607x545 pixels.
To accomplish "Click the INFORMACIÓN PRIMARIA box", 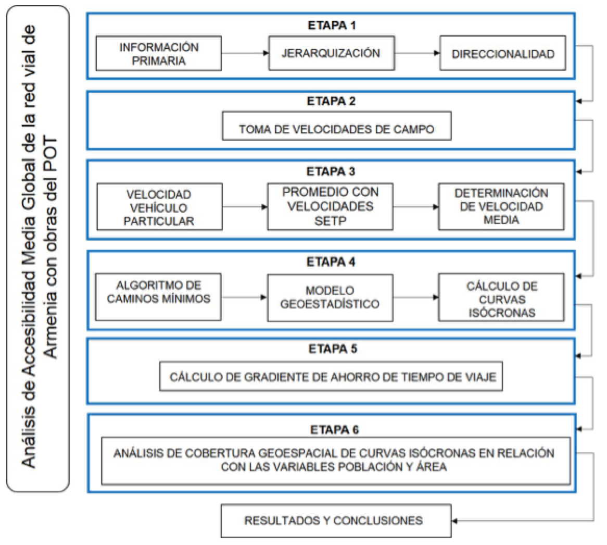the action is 159,54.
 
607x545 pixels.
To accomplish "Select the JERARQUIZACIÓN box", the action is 332,53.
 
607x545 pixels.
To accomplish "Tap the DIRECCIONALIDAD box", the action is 503,54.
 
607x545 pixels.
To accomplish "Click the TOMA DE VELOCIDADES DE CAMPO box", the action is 336,126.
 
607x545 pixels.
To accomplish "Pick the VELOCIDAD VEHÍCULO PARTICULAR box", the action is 159,207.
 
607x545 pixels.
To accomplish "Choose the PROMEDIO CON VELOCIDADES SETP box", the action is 330,207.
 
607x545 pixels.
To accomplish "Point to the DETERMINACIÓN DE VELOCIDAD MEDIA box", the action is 501,207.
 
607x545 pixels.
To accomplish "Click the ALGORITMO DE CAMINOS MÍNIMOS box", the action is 158,297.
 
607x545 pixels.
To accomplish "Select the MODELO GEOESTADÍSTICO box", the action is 330,298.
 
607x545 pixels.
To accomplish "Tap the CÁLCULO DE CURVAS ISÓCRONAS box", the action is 501,298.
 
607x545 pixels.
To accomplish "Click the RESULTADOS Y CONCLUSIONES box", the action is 336,521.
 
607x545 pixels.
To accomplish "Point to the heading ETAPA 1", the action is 332,26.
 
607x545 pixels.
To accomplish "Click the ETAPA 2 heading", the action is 332,102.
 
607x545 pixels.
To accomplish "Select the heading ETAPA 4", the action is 331,262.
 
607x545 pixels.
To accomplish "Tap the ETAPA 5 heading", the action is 333,349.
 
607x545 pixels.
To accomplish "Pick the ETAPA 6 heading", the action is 335,430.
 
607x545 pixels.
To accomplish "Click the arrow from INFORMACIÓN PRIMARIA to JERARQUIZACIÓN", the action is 245,53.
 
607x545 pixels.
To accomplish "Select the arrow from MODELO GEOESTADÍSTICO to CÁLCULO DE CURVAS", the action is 416,298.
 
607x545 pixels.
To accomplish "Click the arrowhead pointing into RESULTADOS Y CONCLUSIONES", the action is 455,521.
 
